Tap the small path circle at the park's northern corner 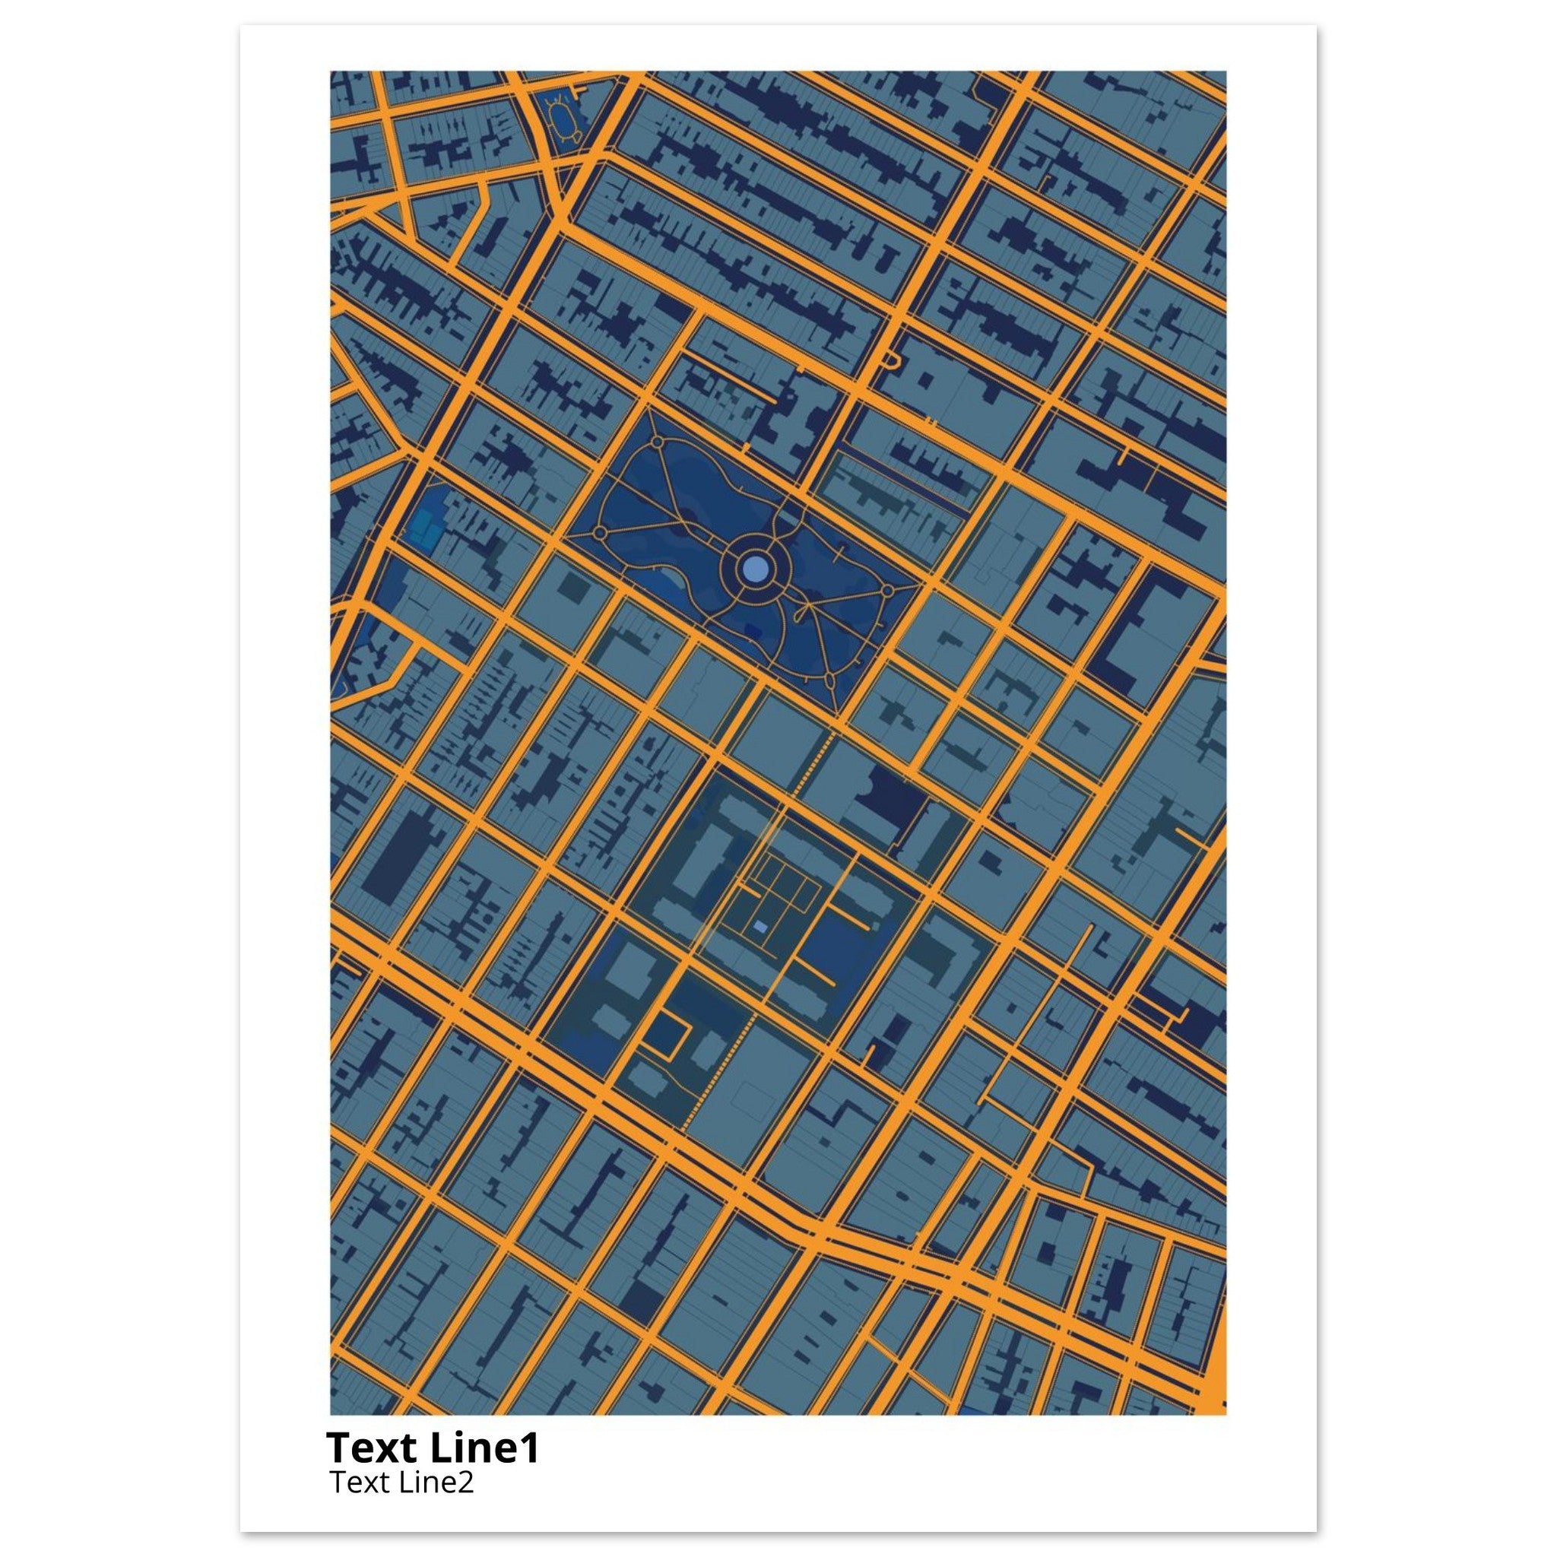pyautogui.click(x=656, y=442)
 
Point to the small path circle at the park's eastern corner pyautogui.click(x=887, y=591)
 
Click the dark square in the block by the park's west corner pyautogui.click(x=574, y=586)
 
